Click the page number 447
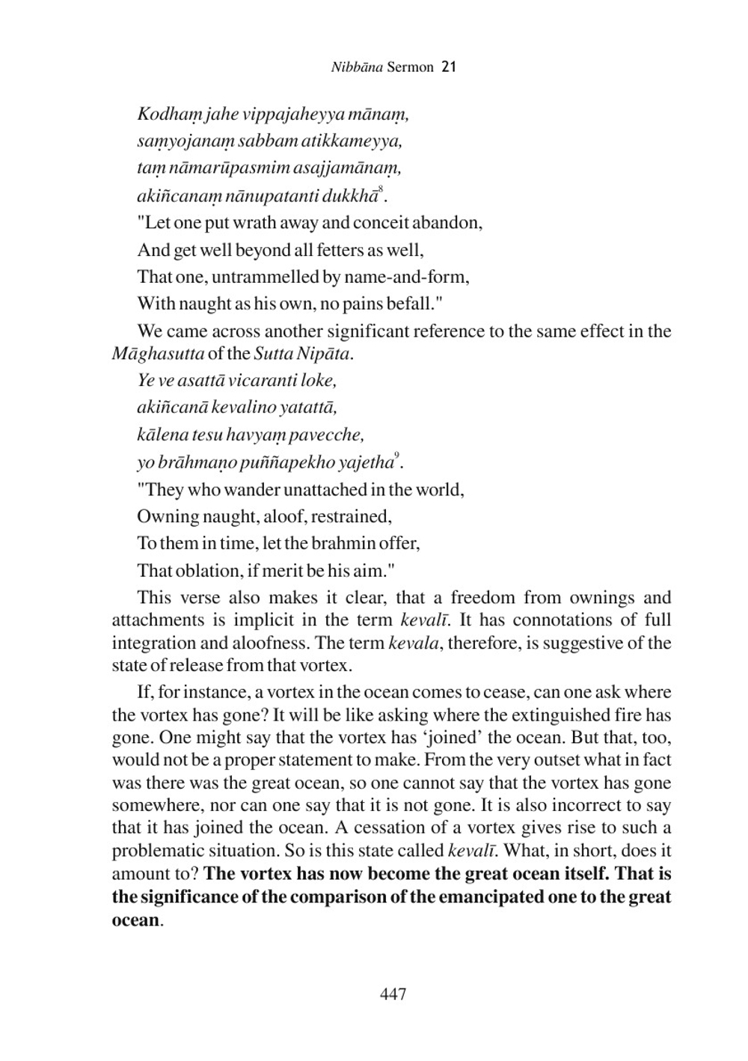pos(393,994)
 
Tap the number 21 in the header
pos(449,67)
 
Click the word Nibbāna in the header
pos(357,67)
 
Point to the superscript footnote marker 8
pos(381,190)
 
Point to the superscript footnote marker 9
pos(396,456)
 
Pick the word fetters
pos(341,250)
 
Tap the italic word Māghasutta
pos(157,353)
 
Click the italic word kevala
pos(413,643)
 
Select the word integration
pos(157,643)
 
